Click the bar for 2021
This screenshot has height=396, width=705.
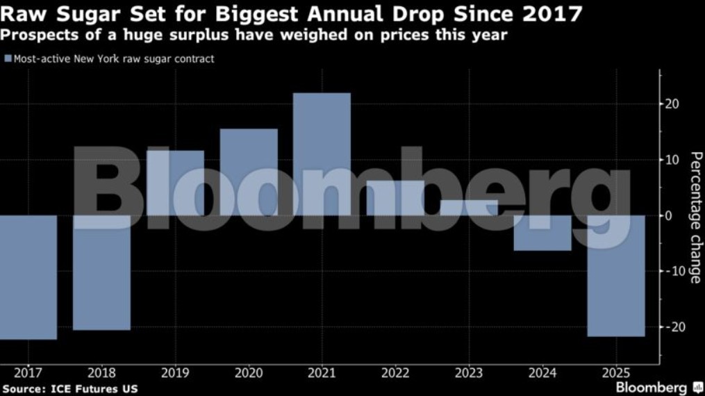[x=322, y=154]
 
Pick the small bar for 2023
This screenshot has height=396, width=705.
[x=469, y=208]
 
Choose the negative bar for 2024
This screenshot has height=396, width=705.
[x=542, y=232]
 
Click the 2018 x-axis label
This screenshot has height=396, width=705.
[x=101, y=372]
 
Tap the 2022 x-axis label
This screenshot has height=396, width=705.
[x=395, y=372]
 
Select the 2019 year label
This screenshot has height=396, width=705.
[x=175, y=372]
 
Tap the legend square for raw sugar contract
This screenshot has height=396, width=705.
[x=8, y=59]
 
